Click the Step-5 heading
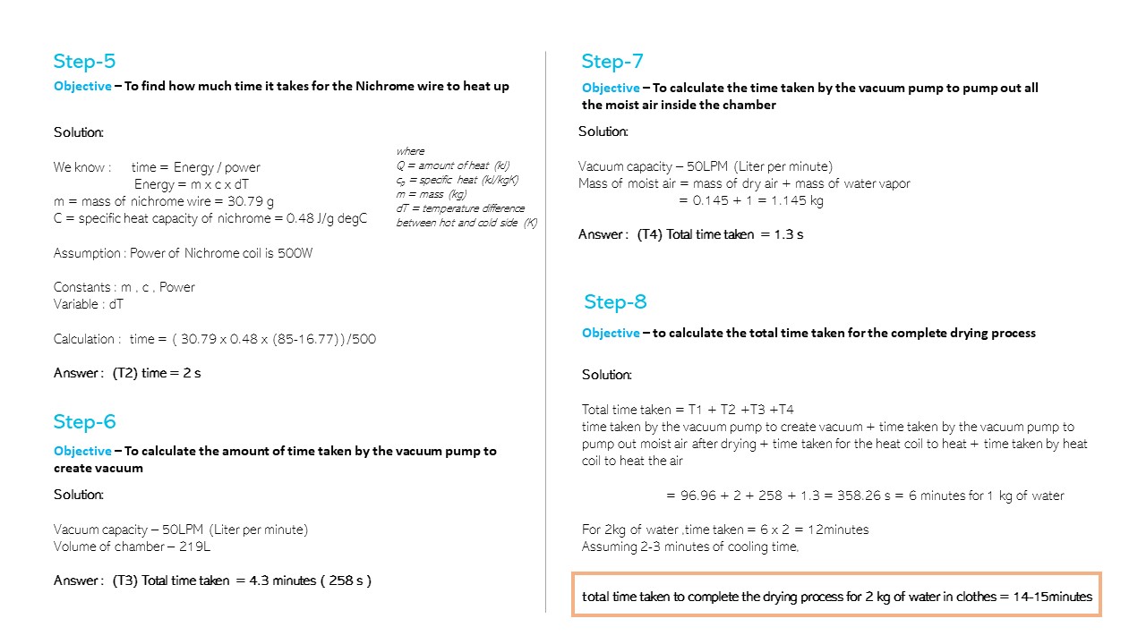coord(84,62)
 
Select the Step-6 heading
coord(84,422)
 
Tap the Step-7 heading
coord(612,62)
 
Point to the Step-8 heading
coord(615,301)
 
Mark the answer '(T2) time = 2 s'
coord(157,373)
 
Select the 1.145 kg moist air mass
coord(796,200)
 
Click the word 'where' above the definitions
coord(410,151)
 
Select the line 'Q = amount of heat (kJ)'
coord(452,165)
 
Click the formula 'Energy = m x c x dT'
coord(192,184)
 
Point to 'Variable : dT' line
coord(86,304)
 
